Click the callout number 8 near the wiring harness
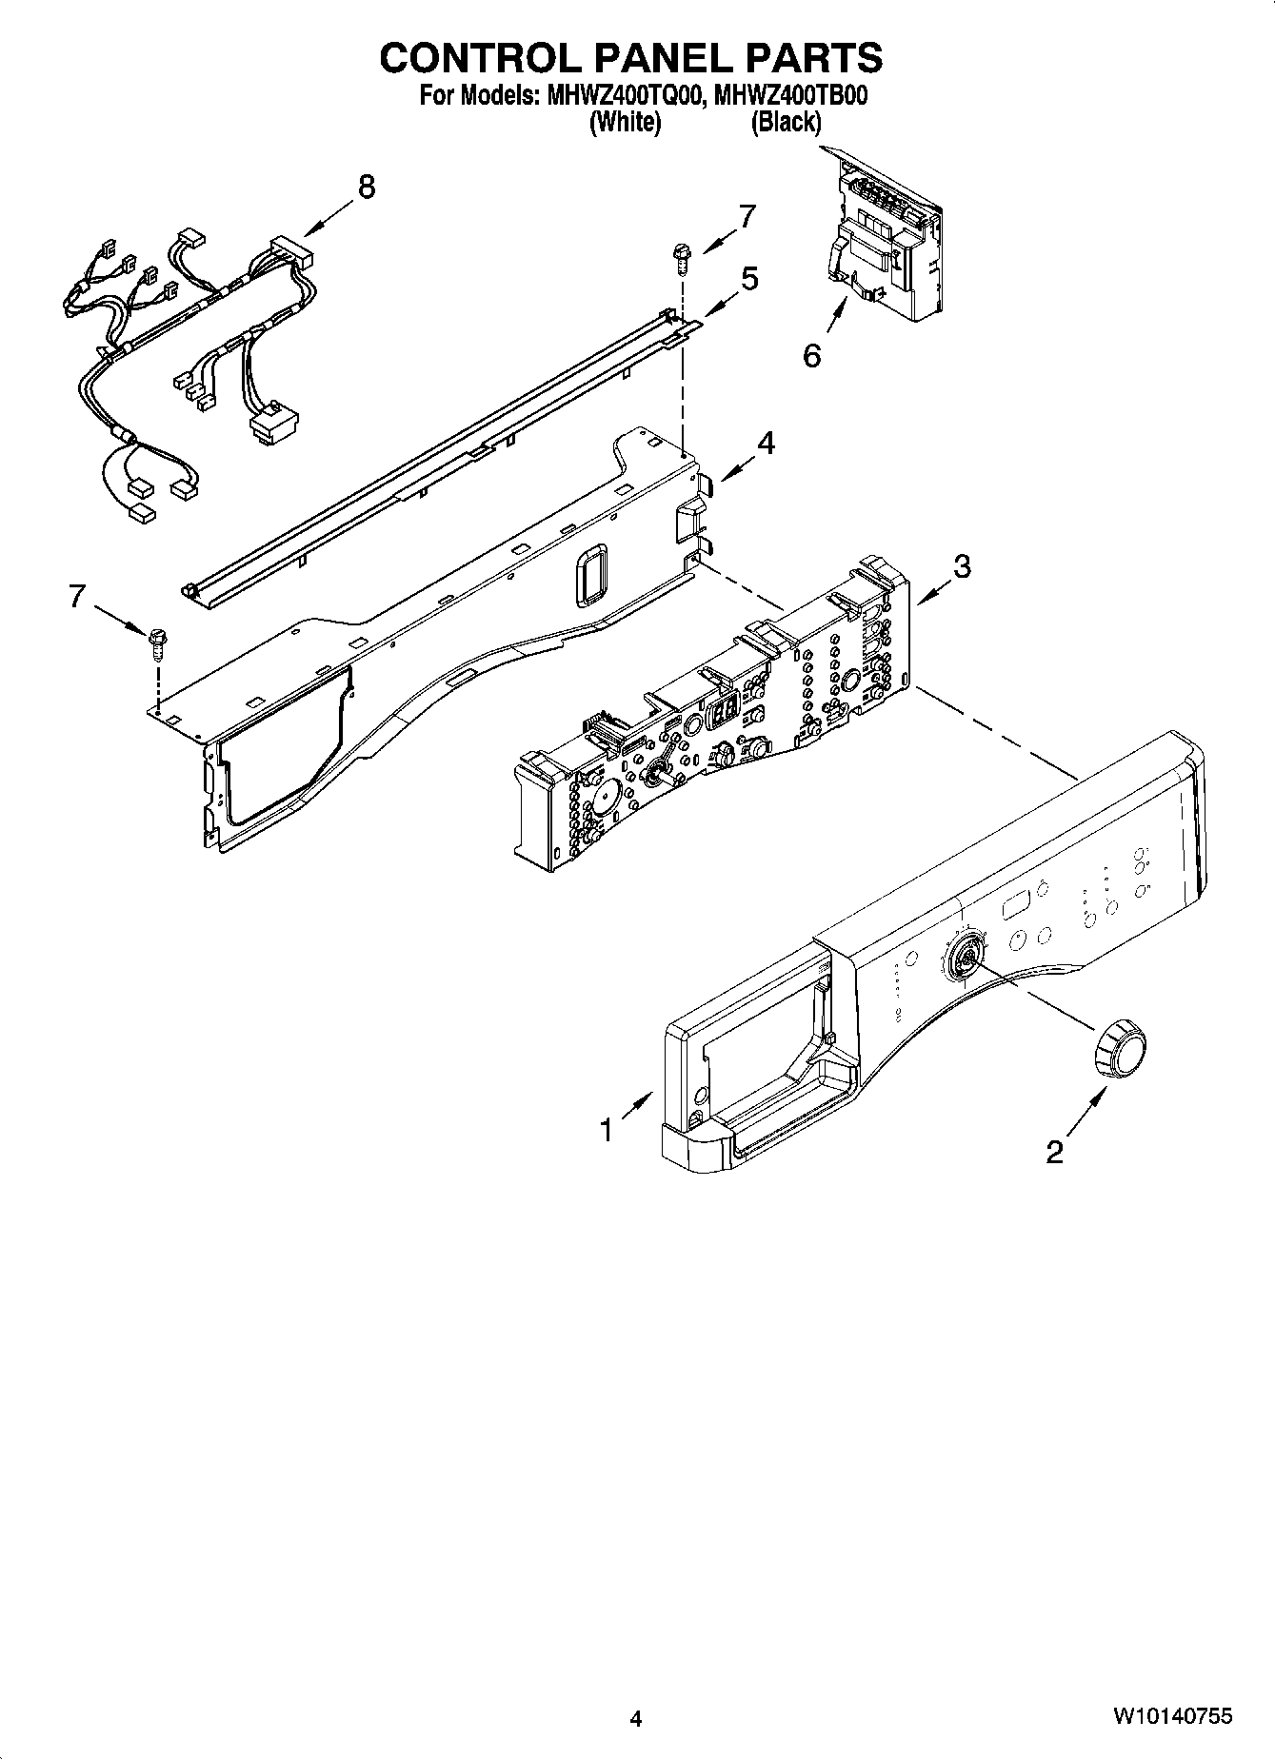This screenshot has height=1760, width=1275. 366,188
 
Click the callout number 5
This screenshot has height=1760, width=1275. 750,280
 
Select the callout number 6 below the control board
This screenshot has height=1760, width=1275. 811,356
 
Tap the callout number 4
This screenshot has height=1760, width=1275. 766,443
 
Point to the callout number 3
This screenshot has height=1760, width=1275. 962,567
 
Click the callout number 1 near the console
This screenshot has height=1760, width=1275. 607,1130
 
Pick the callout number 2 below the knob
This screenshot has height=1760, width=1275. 1054,1153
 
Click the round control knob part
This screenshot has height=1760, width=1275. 1120,1047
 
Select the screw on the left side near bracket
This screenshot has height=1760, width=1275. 156,643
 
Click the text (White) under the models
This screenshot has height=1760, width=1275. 625,123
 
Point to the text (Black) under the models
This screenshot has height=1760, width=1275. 786,123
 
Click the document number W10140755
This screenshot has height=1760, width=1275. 1172,1716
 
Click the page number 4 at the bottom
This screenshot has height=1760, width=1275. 636,1719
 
